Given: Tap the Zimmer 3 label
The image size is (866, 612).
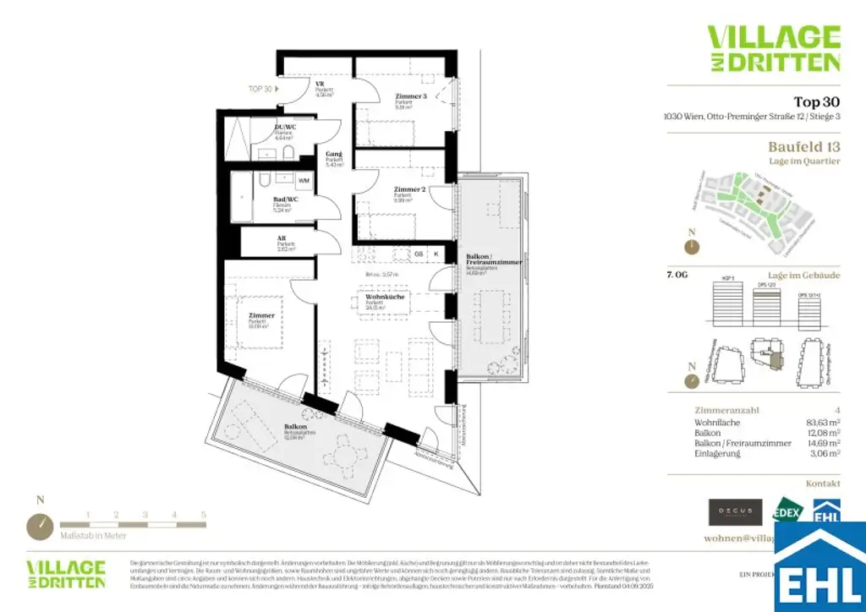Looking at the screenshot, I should click(411, 97).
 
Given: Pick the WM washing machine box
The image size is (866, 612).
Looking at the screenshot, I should click(304, 181).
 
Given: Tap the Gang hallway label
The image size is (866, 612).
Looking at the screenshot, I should click(334, 155).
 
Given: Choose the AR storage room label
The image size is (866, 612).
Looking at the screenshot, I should click(281, 239).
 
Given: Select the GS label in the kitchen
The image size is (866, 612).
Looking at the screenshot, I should click(418, 253).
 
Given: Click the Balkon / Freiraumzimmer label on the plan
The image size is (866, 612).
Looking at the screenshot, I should click(493, 260).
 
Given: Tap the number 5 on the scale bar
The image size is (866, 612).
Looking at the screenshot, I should click(203, 514).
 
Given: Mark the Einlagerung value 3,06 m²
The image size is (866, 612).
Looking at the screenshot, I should click(822, 454).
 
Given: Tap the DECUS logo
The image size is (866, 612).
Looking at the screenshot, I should click(730, 511).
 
